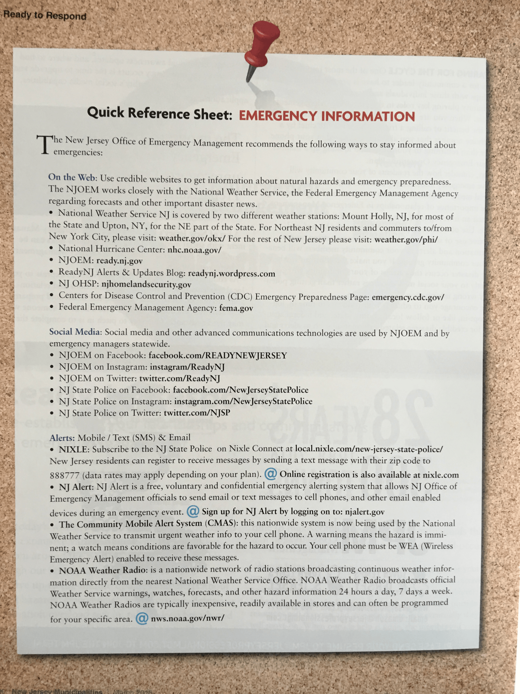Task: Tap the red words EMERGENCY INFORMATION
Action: click(x=327, y=116)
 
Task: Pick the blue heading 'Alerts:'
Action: click(x=62, y=438)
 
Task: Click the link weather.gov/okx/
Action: click(x=192, y=238)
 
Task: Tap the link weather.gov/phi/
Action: click(x=406, y=240)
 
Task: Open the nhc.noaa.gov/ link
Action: click(x=194, y=250)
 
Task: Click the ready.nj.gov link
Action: click(x=119, y=261)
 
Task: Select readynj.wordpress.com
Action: click(x=231, y=273)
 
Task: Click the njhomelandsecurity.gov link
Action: click(x=146, y=285)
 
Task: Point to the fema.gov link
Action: click(x=236, y=308)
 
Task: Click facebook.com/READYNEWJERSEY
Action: click(x=218, y=356)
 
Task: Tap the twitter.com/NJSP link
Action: click(x=197, y=413)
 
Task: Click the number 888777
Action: click(x=64, y=475)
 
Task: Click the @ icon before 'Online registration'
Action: click(x=270, y=474)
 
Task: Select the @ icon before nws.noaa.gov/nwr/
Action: click(x=142, y=618)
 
